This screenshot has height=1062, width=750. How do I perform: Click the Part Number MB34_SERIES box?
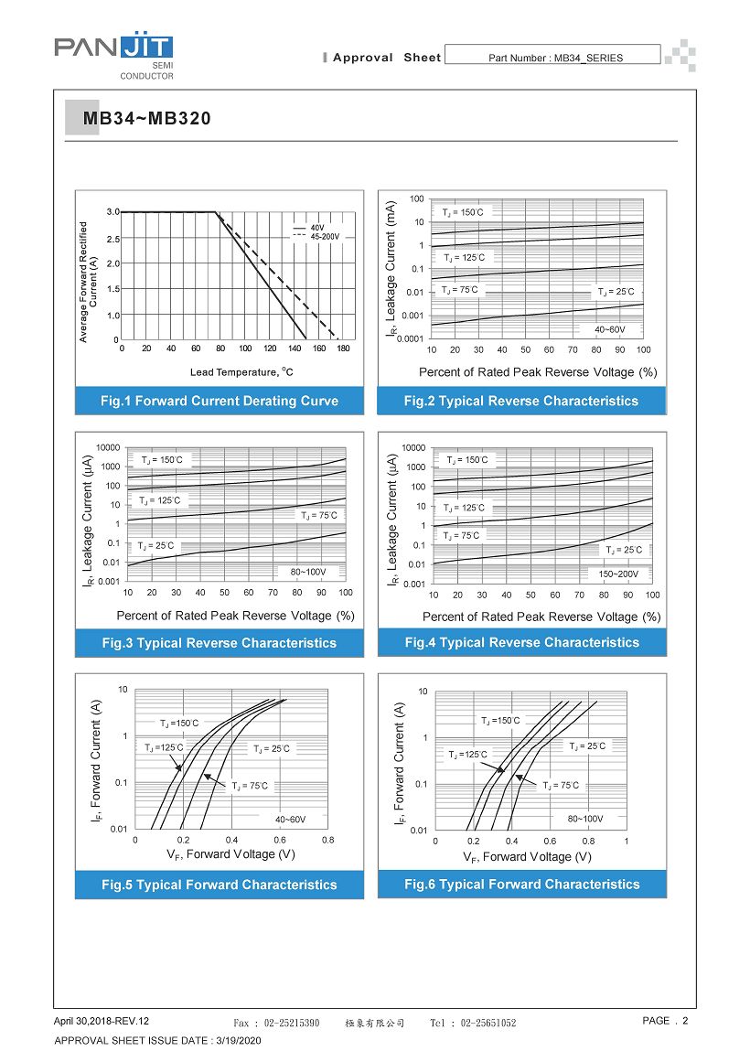555,58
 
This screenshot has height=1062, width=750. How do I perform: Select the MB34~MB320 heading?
146,119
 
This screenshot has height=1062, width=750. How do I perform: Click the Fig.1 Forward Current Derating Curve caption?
220,401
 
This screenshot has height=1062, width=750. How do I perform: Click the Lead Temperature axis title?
241,372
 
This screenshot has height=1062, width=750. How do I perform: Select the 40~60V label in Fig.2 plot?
609,329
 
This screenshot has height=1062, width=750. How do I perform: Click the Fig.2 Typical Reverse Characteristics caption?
521,401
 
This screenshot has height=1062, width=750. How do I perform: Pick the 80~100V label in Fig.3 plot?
308,573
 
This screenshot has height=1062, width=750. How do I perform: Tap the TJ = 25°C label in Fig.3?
155,546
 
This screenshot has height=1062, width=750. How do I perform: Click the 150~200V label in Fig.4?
619,574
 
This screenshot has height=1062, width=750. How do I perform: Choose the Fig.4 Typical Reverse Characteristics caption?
521,642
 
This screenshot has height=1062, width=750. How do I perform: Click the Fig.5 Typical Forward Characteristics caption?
220,885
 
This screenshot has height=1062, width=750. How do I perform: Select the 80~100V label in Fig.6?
584,819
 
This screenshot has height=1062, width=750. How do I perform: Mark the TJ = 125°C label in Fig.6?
467,755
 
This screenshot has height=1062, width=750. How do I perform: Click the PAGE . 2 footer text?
665,1021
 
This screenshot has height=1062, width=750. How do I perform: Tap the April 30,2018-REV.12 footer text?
101,1021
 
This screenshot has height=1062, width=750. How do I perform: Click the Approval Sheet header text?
386,58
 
